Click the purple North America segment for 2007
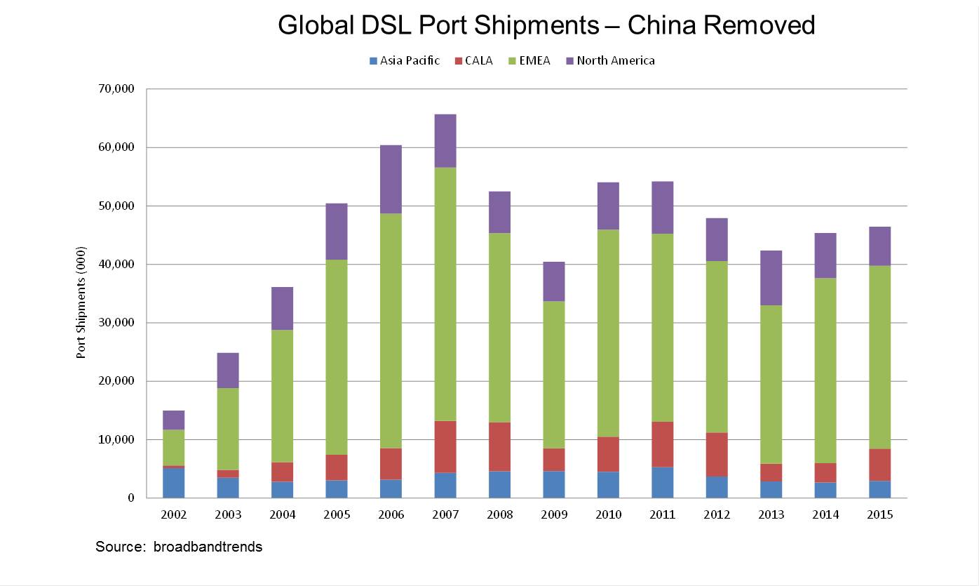(445, 140)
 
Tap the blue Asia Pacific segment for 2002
(174, 482)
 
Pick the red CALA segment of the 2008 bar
(499, 446)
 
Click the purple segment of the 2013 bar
(771, 278)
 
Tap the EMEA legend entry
(534, 61)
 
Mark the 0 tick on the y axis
(131, 498)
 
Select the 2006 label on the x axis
(391, 514)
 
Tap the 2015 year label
(879, 514)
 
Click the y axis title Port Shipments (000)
(81, 303)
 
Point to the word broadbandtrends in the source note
(208, 547)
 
